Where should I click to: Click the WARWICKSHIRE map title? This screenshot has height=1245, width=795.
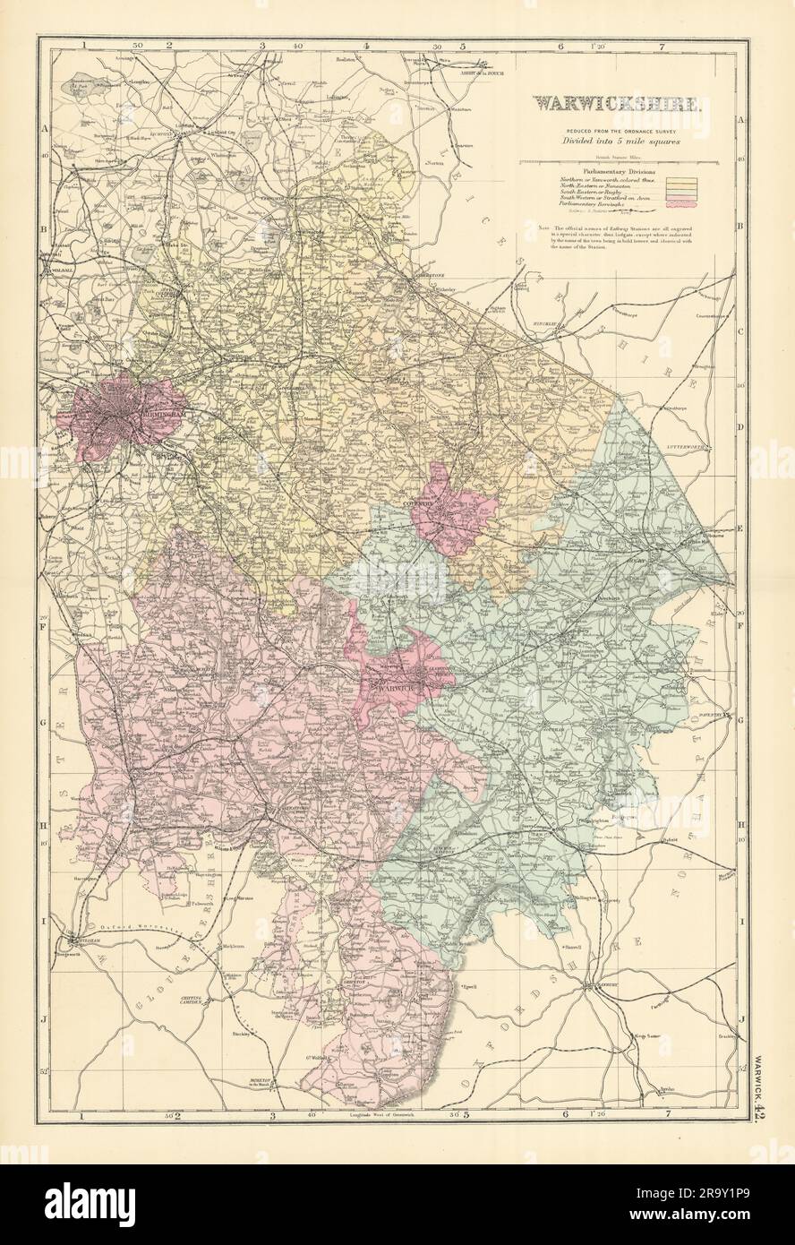click(x=612, y=103)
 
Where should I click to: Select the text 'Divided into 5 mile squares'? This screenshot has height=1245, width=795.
click(x=612, y=142)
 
